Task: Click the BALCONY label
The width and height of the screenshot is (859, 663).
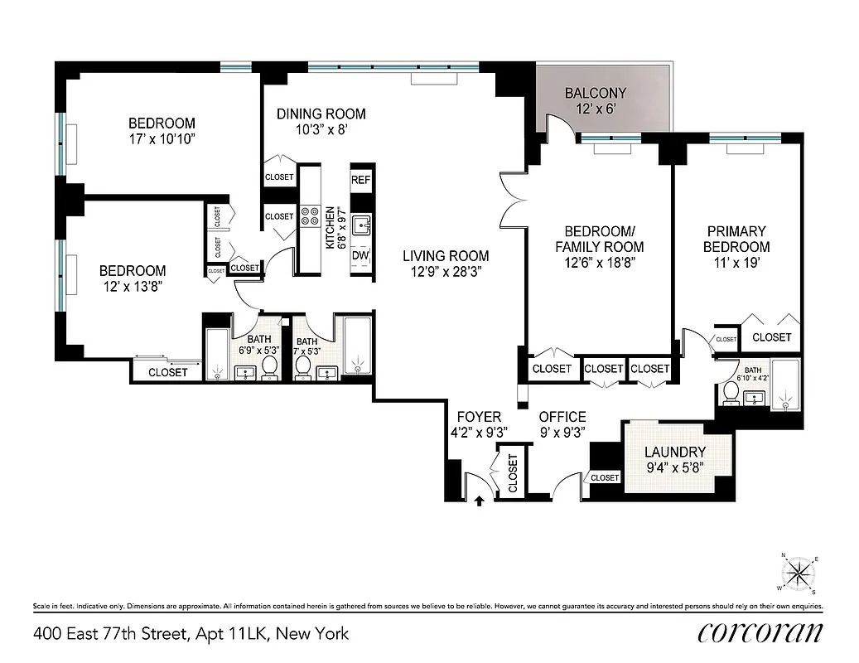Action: click(595, 93)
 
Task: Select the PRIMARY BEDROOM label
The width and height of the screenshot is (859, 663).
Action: click(736, 239)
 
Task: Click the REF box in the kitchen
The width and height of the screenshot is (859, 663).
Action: click(360, 180)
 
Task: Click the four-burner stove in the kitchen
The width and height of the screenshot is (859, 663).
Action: click(310, 216)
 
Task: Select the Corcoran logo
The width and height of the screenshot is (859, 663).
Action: click(759, 633)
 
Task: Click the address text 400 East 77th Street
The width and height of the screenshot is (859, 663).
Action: click(191, 634)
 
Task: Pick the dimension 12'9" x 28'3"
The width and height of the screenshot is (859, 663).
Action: click(446, 271)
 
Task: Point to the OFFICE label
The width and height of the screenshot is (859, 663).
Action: click(562, 417)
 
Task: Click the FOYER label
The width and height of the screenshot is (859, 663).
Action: click(480, 417)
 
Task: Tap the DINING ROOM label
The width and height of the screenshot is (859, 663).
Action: click(321, 114)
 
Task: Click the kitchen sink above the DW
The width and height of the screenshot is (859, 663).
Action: click(361, 225)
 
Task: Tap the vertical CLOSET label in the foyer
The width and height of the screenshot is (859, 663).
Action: click(512, 474)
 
